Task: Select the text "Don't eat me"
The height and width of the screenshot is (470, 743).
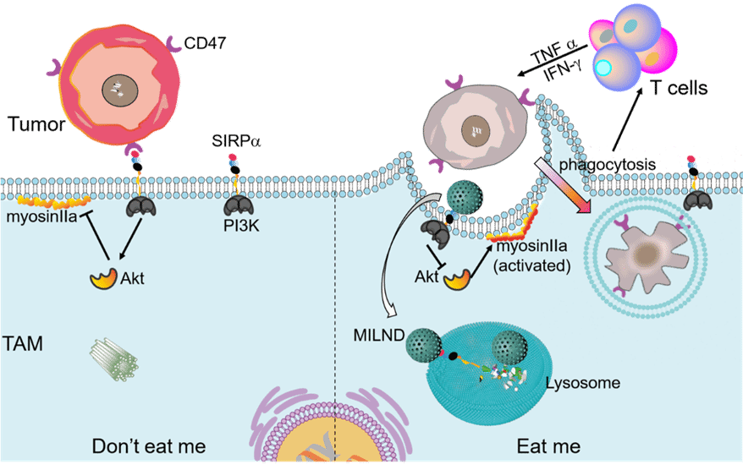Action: [148, 445]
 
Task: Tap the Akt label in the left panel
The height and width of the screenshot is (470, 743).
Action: [132, 278]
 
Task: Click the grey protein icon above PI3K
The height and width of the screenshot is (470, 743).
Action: [239, 204]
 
